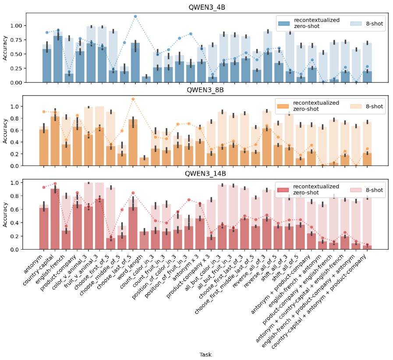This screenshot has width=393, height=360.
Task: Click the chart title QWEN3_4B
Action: (207, 7)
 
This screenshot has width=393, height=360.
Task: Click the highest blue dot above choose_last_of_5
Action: (135, 16)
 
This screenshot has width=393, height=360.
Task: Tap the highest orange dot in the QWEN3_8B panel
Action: (133, 99)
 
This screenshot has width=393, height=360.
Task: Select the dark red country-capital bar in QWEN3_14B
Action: (55, 219)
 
